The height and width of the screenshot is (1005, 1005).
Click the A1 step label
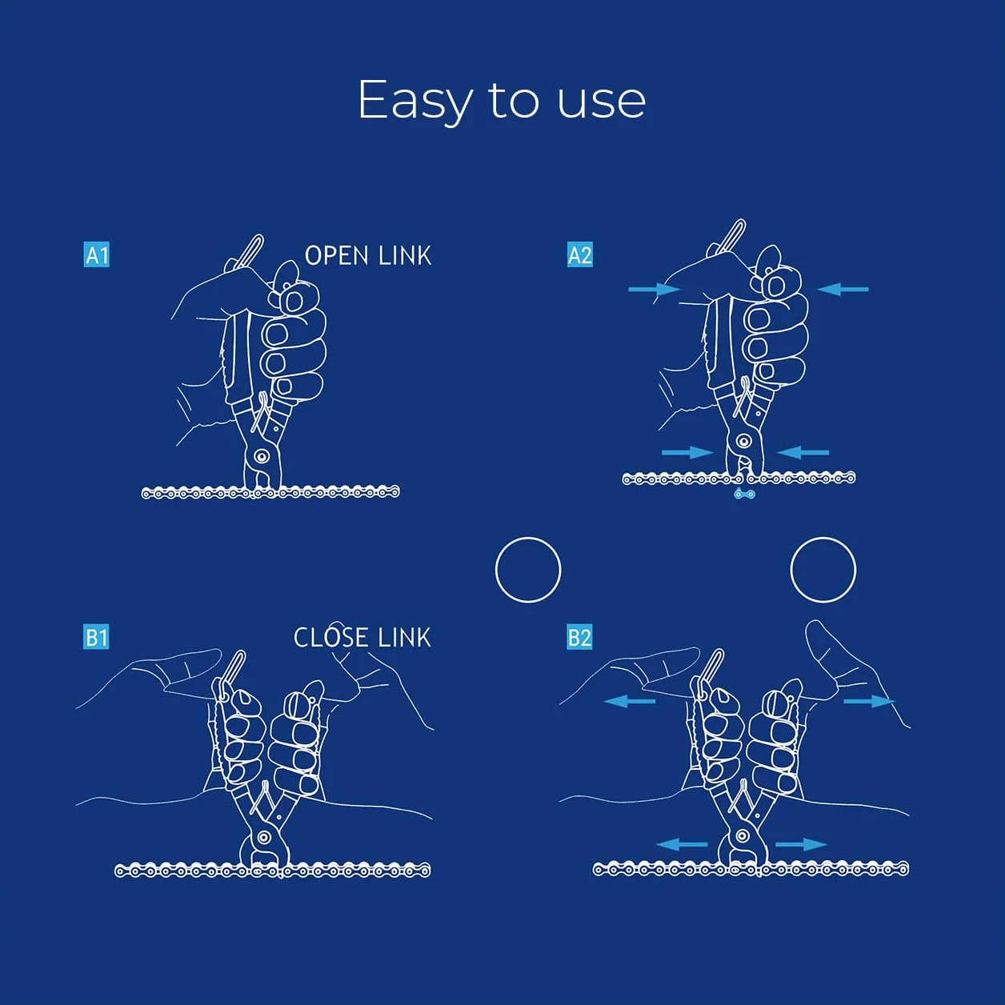click(x=97, y=254)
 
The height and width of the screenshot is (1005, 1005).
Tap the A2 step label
click(x=580, y=254)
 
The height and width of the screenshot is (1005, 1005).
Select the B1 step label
click(x=97, y=637)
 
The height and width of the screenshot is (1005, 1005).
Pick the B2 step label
click(x=580, y=637)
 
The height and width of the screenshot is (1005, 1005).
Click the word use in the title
click(x=602, y=102)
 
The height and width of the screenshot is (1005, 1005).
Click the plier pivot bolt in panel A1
click(x=262, y=457)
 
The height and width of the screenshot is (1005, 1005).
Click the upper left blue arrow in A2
click(x=655, y=289)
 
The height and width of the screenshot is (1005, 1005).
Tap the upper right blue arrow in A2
click(x=843, y=289)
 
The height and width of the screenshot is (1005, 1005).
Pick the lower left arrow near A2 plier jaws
click(x=687, y=452)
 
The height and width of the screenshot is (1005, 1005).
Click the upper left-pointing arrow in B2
click(x=630, y=702)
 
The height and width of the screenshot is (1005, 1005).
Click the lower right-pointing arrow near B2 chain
click(x=801, y=844)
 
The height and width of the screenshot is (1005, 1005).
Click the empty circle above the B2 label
click(x=528, y=539)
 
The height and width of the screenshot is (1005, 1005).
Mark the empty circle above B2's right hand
click(x=823, y=539)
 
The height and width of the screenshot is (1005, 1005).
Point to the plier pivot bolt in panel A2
click(x=743, y=442)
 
